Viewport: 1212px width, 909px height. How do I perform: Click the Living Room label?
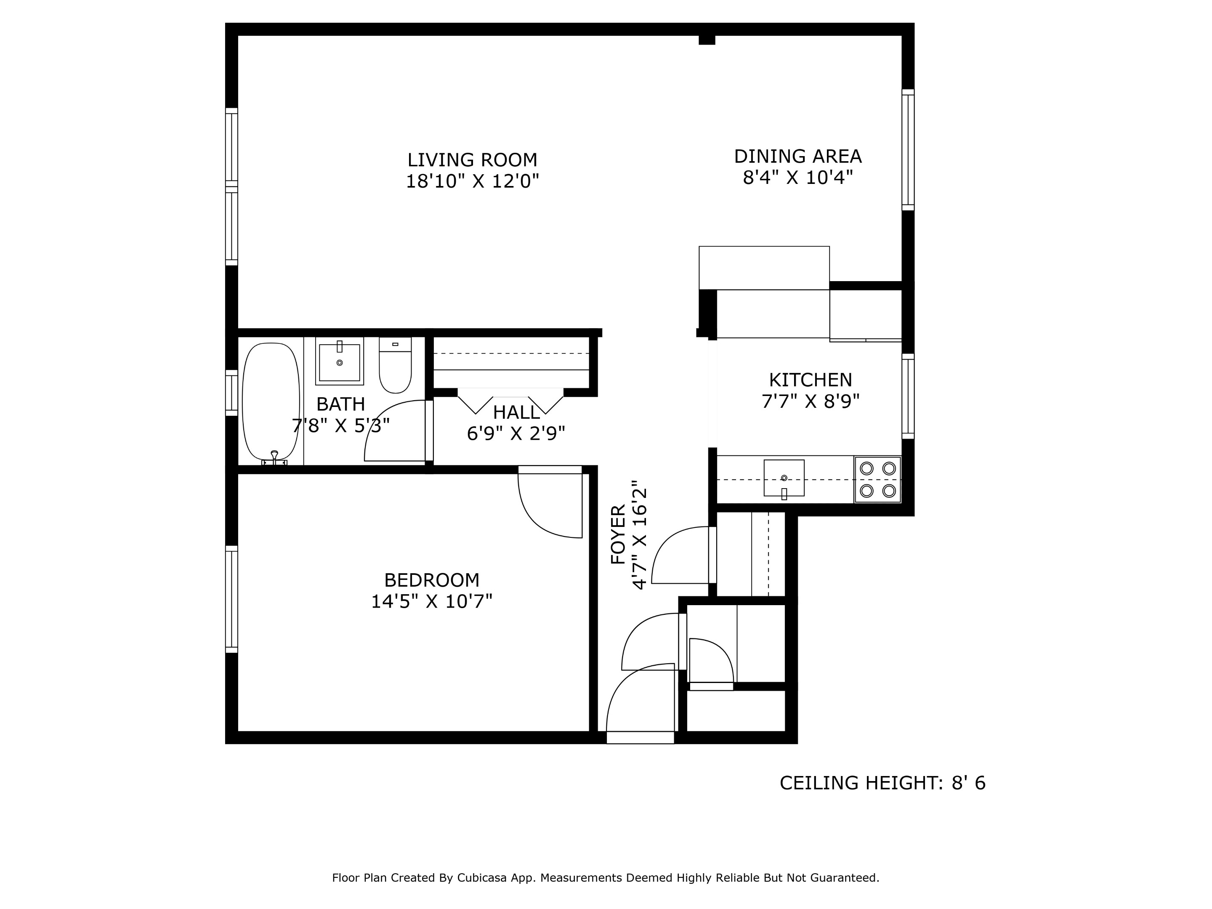tap(472, 160)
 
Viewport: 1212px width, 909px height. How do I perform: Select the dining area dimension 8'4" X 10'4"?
tap(798, 178)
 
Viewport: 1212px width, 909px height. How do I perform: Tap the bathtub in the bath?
tap(271, 401)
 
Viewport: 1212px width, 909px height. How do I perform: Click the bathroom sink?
tap(339, 361)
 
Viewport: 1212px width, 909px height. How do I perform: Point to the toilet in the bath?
tap(395, 366)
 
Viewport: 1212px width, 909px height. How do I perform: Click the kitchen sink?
tap(784, 478)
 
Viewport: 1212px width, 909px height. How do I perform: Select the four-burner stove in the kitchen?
tap(877, 479)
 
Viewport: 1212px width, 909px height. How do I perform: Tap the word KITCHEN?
tap(811, 380)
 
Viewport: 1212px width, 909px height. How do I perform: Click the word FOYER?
tap(618, 534)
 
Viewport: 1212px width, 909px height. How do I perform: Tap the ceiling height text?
tap(882, 783)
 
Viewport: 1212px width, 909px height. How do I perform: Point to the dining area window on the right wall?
tap(908, 149)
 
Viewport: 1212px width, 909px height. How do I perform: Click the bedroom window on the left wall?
tap(231, 599)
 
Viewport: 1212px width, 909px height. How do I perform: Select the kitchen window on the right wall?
tap(908, 396)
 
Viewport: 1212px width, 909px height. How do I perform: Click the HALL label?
tap(516, 412)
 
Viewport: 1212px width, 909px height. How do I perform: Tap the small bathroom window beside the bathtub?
tap(231, 393)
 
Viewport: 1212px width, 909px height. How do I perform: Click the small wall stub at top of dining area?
tap(707, 40)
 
